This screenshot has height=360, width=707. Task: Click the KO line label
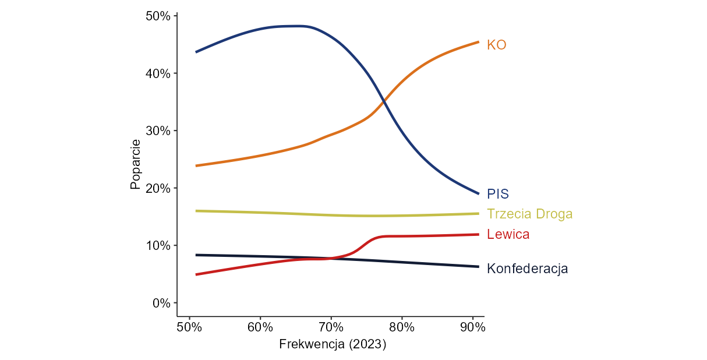496,45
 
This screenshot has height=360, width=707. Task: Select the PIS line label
498,194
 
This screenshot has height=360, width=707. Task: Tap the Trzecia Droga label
529,214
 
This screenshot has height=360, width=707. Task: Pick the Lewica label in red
508,234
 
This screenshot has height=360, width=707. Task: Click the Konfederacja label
527,269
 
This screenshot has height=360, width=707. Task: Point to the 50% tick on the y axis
157,16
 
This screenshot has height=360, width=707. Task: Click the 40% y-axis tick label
157,73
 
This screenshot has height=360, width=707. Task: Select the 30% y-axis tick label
157,130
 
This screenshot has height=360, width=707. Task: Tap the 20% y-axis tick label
157,188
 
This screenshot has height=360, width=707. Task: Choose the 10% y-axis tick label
157,245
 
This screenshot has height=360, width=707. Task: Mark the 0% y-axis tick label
161,303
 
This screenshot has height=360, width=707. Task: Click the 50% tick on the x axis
189,327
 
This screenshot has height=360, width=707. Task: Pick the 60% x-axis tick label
260,327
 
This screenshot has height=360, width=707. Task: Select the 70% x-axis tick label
331,327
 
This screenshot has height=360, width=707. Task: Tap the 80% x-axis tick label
402,327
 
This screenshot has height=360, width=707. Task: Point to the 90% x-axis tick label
472,327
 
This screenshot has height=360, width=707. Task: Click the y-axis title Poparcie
135,164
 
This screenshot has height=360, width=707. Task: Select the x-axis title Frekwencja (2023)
333,344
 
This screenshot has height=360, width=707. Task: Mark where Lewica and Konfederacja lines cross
332,258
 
